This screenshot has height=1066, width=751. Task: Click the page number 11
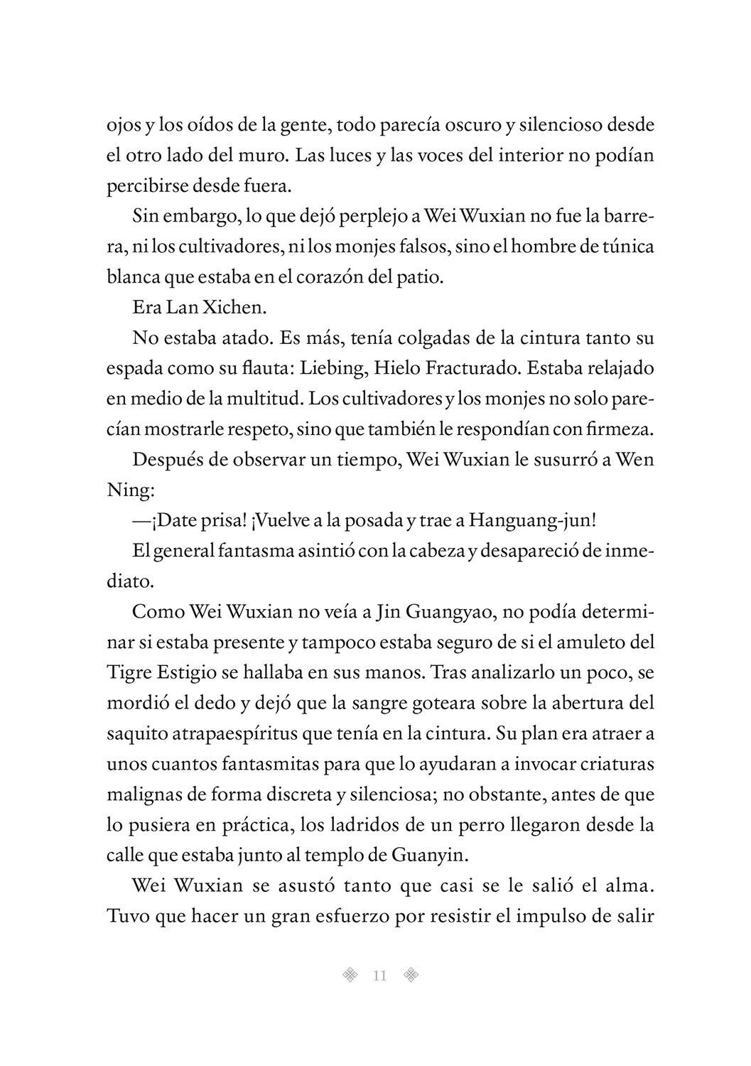pyautogui.click(x=379, y=976)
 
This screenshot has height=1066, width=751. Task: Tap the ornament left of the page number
pyautogui.click(x=349, y=976)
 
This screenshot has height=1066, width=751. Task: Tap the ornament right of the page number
pyautogui.click(x=410, y=976)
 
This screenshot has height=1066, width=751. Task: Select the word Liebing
pyautogui.click(x=329, y=368)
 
